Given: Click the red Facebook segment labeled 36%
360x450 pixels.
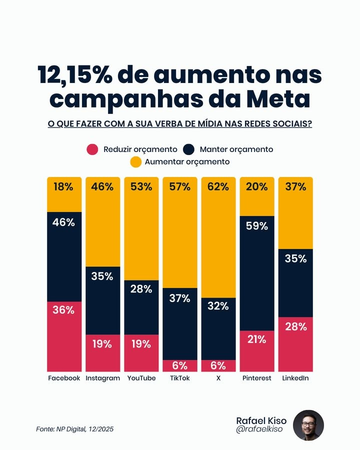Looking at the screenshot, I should tap(64, 336).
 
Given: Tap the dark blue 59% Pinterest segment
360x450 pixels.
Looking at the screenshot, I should tap(257, 273).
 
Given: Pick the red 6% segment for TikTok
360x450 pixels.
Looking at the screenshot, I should tap(180, 365).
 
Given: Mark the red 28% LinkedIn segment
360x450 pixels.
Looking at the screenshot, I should tap(295, 344).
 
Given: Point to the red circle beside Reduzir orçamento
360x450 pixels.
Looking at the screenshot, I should tap(92, 149).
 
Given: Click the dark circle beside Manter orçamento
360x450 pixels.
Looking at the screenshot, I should tap(188, 149).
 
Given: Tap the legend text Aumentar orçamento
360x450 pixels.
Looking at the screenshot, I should tap(187, 162).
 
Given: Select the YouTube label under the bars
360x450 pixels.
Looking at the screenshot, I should tap(141, 378).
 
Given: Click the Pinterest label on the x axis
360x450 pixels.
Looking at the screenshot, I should tap(257, 378).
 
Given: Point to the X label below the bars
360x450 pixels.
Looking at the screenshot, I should tap(218, 378).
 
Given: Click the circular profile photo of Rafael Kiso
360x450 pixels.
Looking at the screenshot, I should tap(308, 425).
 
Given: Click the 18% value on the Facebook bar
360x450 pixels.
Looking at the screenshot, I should tap(64, 187).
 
